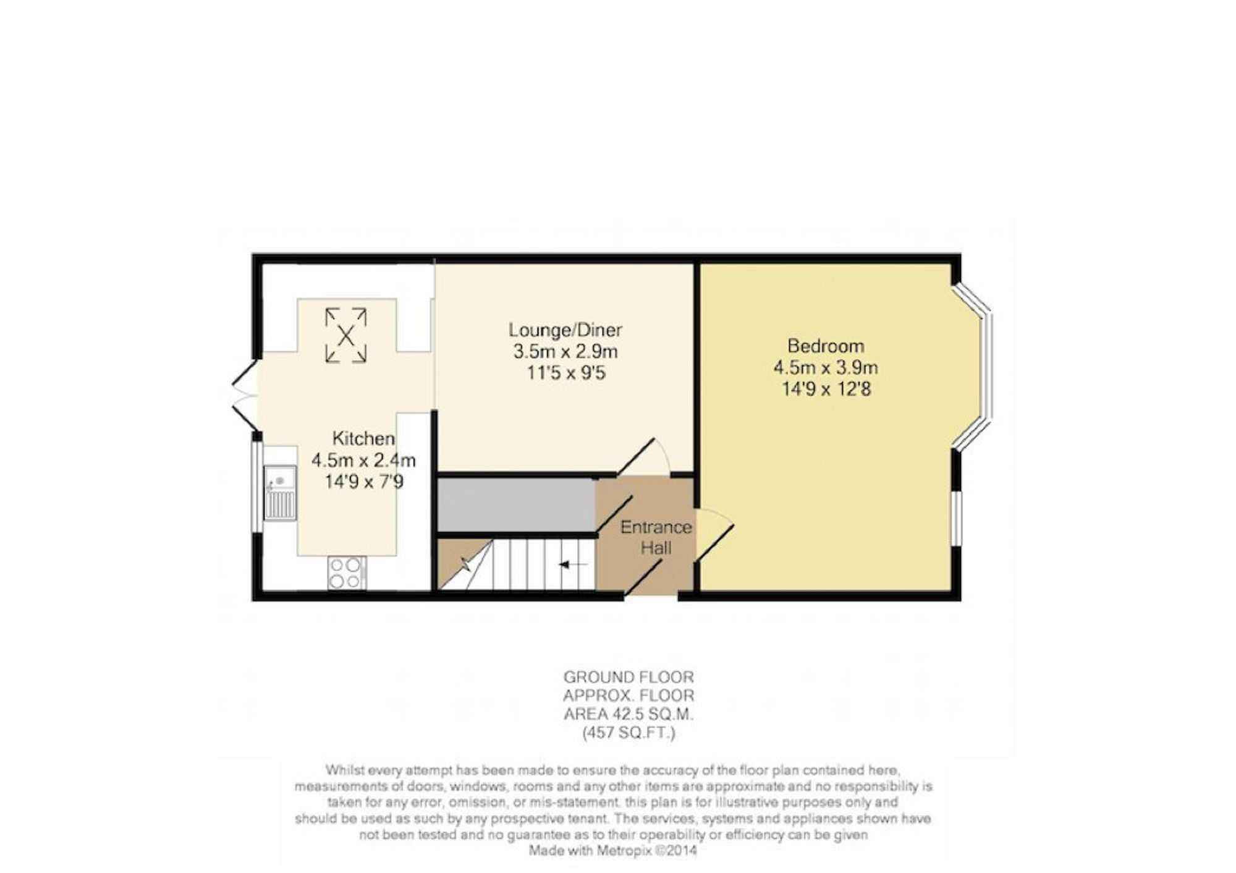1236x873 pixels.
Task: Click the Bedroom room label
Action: tap(826, 346)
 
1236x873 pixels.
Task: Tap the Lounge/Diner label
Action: tap(565, 330)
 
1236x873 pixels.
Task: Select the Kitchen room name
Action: tap(363, 438)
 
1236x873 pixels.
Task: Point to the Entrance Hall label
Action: tap(656, 537)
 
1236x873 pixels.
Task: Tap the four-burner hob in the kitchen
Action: tap(347, 572)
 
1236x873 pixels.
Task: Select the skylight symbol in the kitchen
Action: tap(346, 335)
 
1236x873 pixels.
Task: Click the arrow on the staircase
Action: tap(569, 564)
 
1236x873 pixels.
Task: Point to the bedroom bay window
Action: tap(974, 365)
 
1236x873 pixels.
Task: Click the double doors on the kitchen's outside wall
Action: tap(245, 393)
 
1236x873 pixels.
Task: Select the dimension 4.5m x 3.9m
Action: tap(826, 367)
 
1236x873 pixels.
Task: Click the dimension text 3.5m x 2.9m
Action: tap(565, 352)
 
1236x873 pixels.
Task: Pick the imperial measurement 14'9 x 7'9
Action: tap(364, 482)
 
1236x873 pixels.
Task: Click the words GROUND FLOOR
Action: tap(629, 677)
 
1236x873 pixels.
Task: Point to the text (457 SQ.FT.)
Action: tap(629, 733)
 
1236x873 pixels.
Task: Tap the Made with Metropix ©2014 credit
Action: tap(613, 851)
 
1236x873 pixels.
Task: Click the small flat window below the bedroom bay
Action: tap(956, 519)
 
